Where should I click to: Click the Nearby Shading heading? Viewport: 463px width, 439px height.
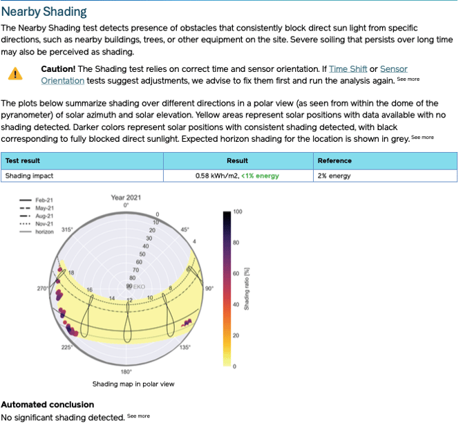[x=44, y=12]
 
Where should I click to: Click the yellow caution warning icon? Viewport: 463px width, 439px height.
[x=15, y=74]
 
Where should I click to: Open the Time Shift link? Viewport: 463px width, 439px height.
[x=348, y=69]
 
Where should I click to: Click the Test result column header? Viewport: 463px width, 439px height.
[x=23, y=160]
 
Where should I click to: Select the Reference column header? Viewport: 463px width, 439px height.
[x=334, y=160]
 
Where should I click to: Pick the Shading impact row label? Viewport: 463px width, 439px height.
[x=29, y=176]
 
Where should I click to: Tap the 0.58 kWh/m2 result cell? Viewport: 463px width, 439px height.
[x=237, y=176]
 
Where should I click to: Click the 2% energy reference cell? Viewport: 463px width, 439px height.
[x=335, y=176]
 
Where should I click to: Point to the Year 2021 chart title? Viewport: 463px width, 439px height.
[x=126, y=198]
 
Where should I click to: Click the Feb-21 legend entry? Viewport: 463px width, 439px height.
[x=45, y=201]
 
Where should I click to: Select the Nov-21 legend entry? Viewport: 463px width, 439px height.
[x=45, y=224]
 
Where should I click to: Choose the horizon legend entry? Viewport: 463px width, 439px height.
[x=45, y=232]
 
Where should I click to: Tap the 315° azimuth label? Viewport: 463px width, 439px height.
[x=67, y=230]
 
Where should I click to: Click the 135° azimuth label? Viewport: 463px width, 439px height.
[x=185, y=347]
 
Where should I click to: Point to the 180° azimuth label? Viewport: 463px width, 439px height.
[x=126, y=371]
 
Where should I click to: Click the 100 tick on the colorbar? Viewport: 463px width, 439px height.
[x=238, y=212]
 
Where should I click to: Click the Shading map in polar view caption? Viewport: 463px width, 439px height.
[x=133, y=384]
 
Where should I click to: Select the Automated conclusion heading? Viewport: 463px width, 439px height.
[x=48, y=404]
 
